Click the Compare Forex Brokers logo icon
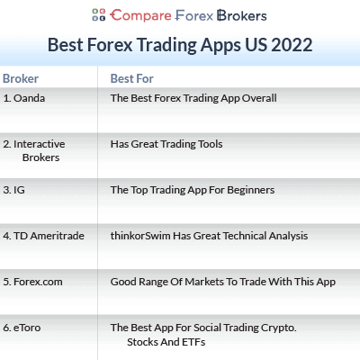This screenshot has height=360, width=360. (x=99, y=14)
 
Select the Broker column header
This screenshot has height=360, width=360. (x=21, y=78)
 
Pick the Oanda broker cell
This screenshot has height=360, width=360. (x=23, y=97)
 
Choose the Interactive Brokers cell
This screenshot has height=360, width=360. (x=35, y=149)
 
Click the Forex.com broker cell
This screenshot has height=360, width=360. (x=32, y=282)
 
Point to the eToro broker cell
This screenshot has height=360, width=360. (x=27, y=328)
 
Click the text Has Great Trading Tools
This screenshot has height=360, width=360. (x=166, y=144)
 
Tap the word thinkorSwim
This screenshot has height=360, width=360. (x=141, y=236)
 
